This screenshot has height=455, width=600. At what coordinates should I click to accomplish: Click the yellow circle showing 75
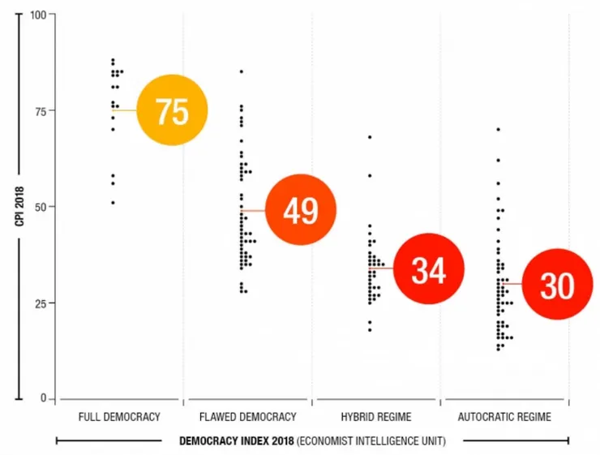(x=172, y=110)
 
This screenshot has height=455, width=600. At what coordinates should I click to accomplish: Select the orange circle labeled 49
(x=300, y=210)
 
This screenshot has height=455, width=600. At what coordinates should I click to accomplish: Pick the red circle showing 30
(x=557, y=285)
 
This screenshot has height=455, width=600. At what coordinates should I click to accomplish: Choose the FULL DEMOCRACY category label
(x=119, y=417)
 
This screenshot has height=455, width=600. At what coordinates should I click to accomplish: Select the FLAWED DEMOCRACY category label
(x=247, y=417)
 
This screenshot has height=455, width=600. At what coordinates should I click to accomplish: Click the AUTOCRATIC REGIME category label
(x=504, y=417)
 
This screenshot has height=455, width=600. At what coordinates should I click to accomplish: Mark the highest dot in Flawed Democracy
(x=241, y=71)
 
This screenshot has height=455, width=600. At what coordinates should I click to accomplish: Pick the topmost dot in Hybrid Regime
(x=370, y=137)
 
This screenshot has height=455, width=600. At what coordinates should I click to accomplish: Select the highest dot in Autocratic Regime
(x=498, y=129)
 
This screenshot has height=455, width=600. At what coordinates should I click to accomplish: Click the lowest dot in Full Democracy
(x=113, y=203)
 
